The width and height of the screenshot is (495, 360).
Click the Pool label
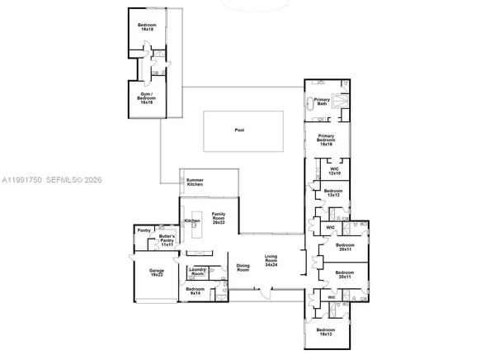[x=239, y=130]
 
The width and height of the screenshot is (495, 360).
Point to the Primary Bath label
[x=322, y=102]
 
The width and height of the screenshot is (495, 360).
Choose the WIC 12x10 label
[x=334, y=172]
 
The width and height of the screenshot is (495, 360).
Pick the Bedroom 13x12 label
[x=332, y=193]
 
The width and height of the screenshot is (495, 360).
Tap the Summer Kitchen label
[x=195, y=182]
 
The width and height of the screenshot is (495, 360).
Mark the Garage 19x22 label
[x=157, y=272]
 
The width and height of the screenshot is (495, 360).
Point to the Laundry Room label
[x=197, y=272]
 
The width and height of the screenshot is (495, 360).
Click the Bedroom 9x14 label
[x=195, y=291]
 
